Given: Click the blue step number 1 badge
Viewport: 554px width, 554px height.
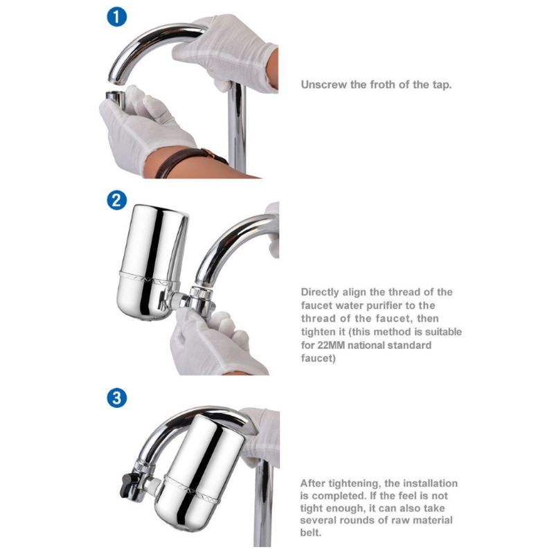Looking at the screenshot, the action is pos(116,17).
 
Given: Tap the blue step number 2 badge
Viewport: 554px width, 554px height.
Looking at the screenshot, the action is pos(116,200).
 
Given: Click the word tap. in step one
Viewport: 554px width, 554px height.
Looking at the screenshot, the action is pos(442,85).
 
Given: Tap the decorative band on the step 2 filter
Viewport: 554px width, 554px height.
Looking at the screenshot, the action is pos(148,278).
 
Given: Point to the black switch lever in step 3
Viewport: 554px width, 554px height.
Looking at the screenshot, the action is pos(127,485).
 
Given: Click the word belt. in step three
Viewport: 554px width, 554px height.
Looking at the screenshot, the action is pos(310,533).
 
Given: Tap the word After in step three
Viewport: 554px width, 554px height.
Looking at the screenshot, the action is pos(313,483).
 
